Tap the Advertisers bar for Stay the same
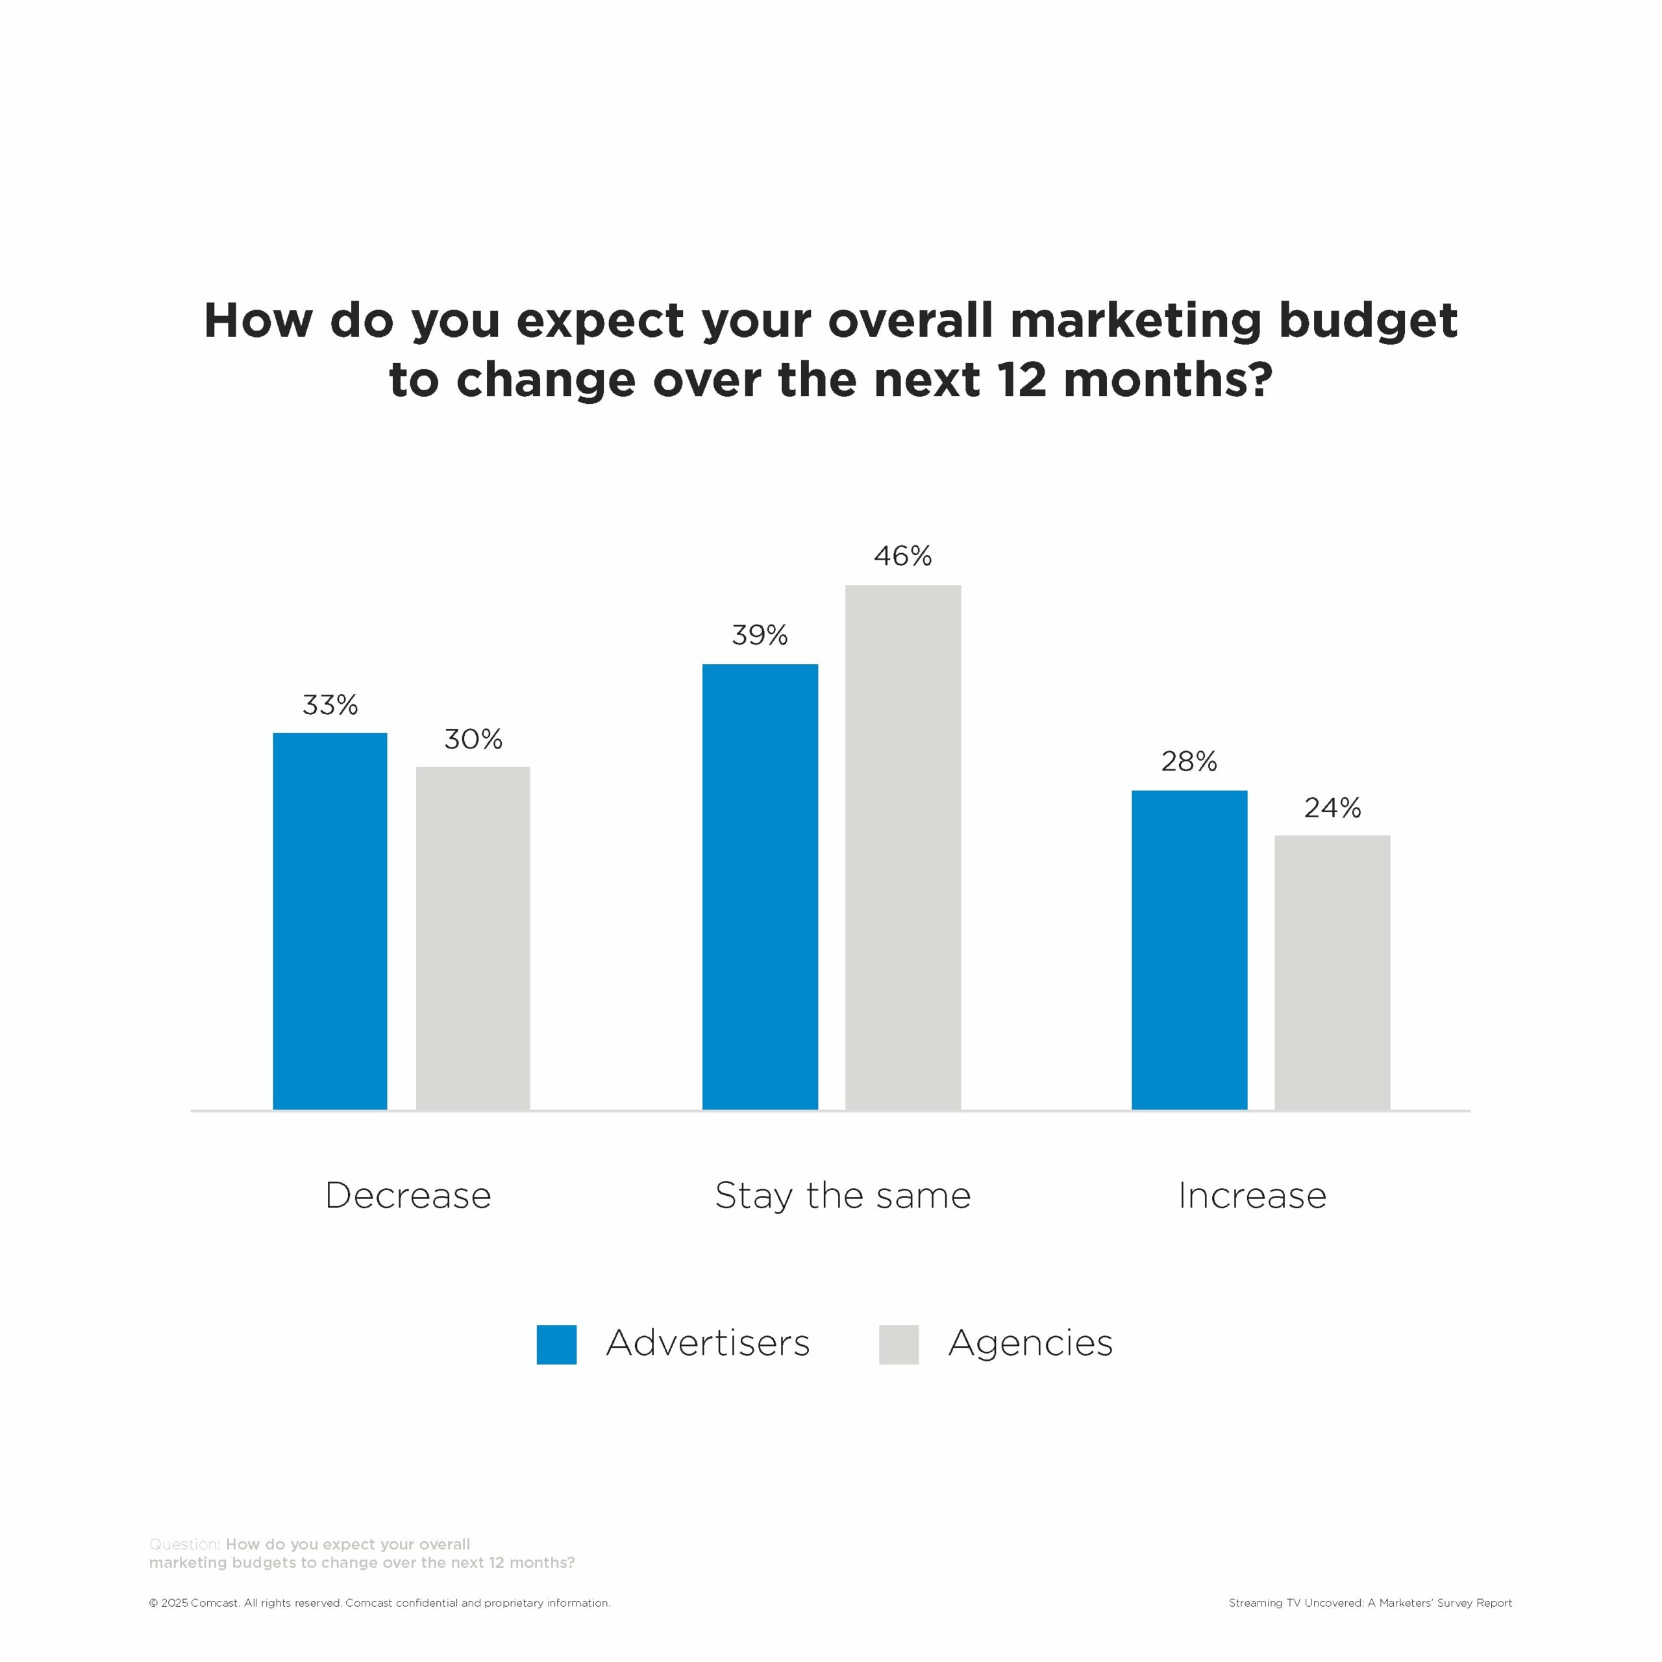point(760,886)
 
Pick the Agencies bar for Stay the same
point(902,847)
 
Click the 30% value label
point(473,739)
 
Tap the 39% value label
point(760,635)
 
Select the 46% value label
point(902,556)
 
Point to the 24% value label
point(1333,808)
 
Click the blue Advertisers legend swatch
point(556,1344)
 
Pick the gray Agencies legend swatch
point(899,1344)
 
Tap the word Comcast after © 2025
point(214,1603)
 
